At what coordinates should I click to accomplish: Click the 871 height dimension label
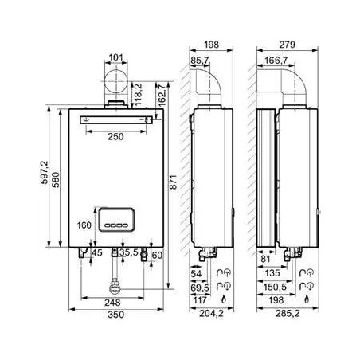pyautogui.click(x=173, y=182)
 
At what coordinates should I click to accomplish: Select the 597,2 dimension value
pyautogui.click(x=45, y=173)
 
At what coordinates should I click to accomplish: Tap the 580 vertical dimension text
pyautogui.click(x=56, y=180)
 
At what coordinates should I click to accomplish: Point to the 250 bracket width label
pyautogui.click(x=115, y=136)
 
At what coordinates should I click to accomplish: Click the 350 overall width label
pyautogui.click(x=116, y=315)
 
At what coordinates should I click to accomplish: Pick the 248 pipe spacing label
pyautogui.click(x=112, y=303)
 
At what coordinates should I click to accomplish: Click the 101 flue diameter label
pyautogui.click(x=116, y=57)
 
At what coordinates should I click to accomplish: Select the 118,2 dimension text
pyautogui.click(x=139, y=94)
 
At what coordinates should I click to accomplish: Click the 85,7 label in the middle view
pyautogui.click(x=200, y=61)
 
